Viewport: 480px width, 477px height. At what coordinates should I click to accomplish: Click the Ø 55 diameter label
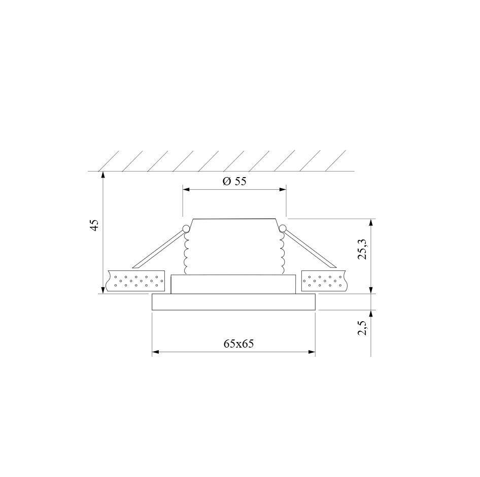(x=234, y=181)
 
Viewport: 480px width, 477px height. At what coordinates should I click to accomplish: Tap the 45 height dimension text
(x=95, y=225)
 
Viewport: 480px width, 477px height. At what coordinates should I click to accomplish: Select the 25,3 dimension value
(x=363, y=249)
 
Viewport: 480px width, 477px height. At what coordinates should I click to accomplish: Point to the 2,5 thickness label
(x=363, y=328)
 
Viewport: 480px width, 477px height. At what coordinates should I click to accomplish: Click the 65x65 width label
(x=239, y=344)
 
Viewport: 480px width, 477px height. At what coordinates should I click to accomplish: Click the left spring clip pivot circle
(x=185, y=228)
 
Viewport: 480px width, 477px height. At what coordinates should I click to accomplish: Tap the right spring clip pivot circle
(x=282, y=228)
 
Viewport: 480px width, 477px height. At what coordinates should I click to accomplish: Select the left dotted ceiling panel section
(x=135, y=281)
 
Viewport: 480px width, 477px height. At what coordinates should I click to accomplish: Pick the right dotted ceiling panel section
(x=324, y=281)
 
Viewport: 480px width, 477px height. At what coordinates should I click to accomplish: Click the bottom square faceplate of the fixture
(x=233, y=302)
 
